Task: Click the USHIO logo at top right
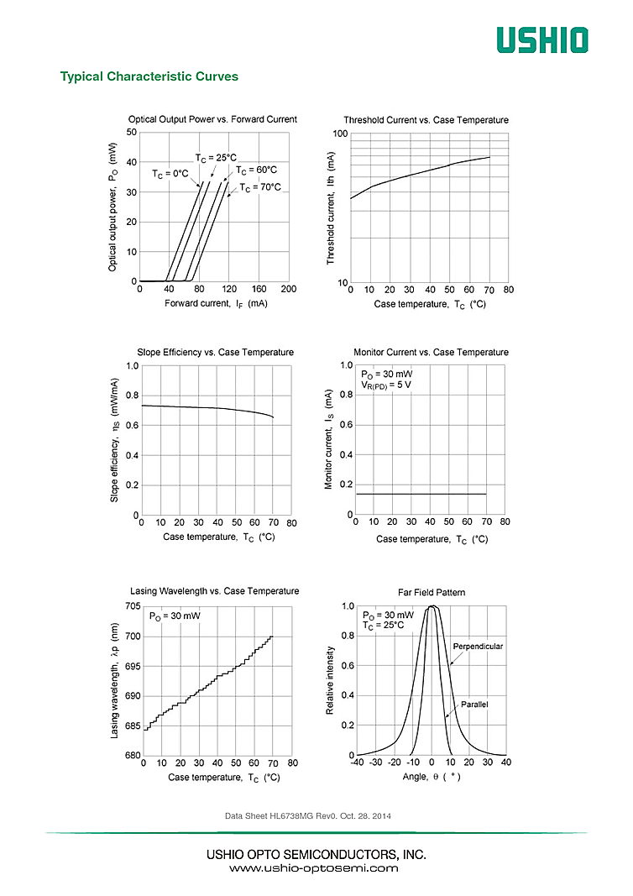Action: click(541, 39)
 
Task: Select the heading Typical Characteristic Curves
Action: click(149, 76)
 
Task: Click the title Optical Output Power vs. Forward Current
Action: click(212, 119)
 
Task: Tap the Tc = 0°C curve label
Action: click(170, 174)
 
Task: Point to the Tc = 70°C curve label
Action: click(260, 187)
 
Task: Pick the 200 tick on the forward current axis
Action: click(288, 290)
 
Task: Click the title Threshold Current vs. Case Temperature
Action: click(426, 120)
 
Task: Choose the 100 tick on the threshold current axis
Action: click(340, 134)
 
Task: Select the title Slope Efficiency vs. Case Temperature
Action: click(216, 352)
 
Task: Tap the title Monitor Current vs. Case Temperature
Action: click(431, 352)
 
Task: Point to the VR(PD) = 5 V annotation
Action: click(386, 385)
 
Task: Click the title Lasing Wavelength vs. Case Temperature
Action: click(215, 591)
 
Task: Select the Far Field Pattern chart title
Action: click(431, 592)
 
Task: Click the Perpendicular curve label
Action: click(478, 647)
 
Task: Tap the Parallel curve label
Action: click(473, 704)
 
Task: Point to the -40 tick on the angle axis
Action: click(358, 762)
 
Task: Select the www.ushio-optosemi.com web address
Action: click(314, 868)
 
